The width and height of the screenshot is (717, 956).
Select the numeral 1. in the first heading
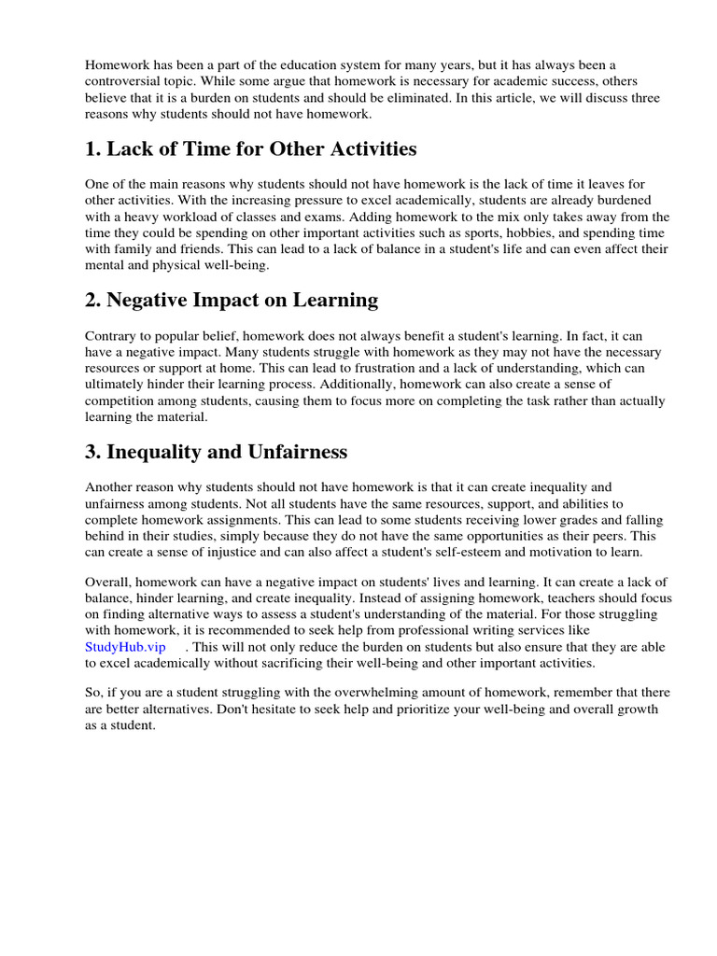point(93,149)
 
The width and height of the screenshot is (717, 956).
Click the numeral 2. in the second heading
point(93,300)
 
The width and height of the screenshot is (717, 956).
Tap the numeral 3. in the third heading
point(93,452)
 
